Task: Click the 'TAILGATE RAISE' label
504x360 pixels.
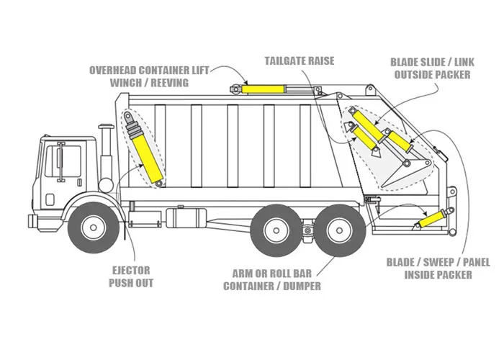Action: tap(300, 60)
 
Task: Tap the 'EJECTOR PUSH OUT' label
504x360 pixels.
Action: tap(130, 276)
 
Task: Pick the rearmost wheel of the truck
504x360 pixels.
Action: tap(339, 230)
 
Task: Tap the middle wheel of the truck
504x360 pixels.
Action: tap(277, 230)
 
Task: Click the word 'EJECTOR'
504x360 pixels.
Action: tap(130, 271)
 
